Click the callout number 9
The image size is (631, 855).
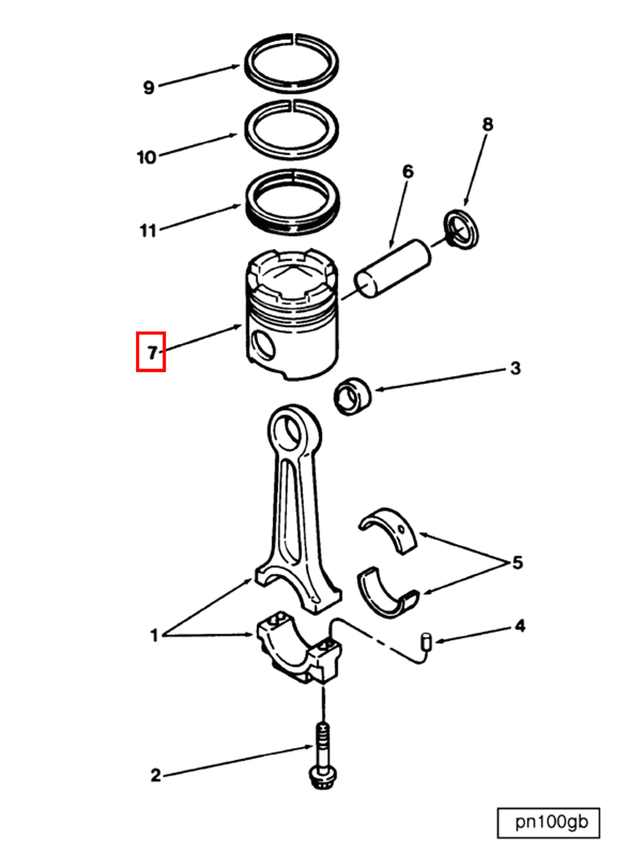pos(149,87)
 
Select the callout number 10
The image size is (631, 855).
pos(147,157)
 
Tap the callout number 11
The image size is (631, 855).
pos(148,230)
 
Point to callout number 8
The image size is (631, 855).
pos(488,125)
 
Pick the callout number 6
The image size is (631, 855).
pos(408,172)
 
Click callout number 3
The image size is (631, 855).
pos(515,368)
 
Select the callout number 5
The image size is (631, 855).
pos(517,563)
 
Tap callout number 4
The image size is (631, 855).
pos(520,626)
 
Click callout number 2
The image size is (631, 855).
pos(155,775)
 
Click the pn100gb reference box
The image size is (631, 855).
pos(548,822)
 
